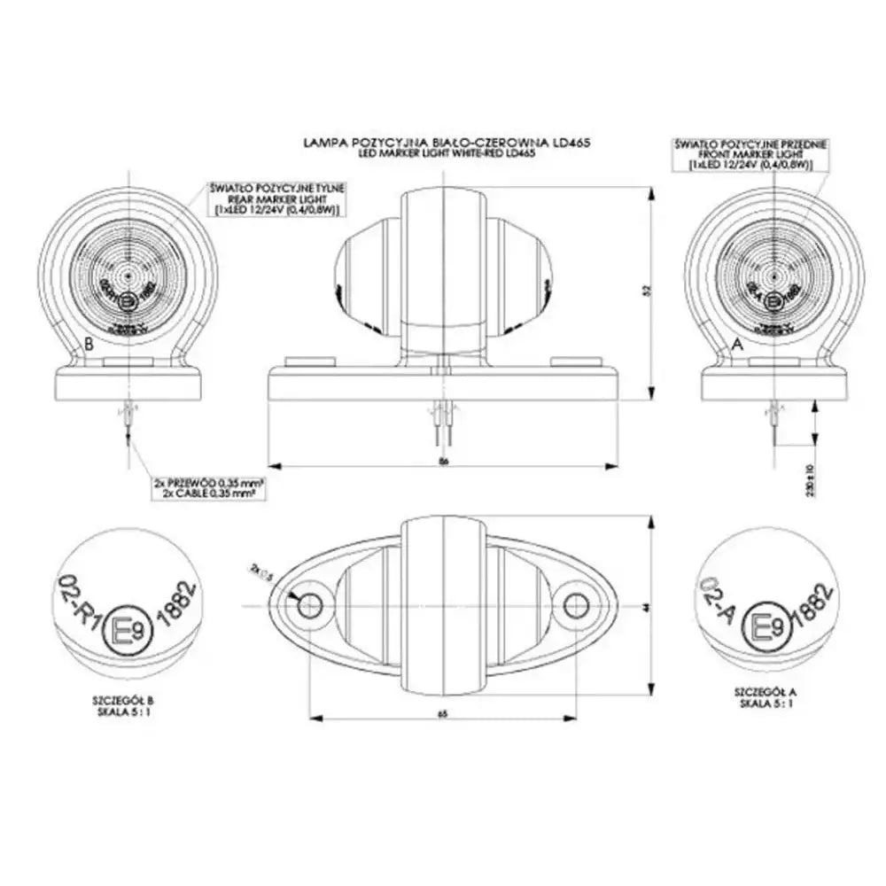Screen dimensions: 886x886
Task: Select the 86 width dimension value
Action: point(443,460)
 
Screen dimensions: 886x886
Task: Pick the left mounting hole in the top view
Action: point(311,606)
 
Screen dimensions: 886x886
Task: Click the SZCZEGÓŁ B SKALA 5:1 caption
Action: point(121,704)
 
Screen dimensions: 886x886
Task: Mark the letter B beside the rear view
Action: point(88,344)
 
